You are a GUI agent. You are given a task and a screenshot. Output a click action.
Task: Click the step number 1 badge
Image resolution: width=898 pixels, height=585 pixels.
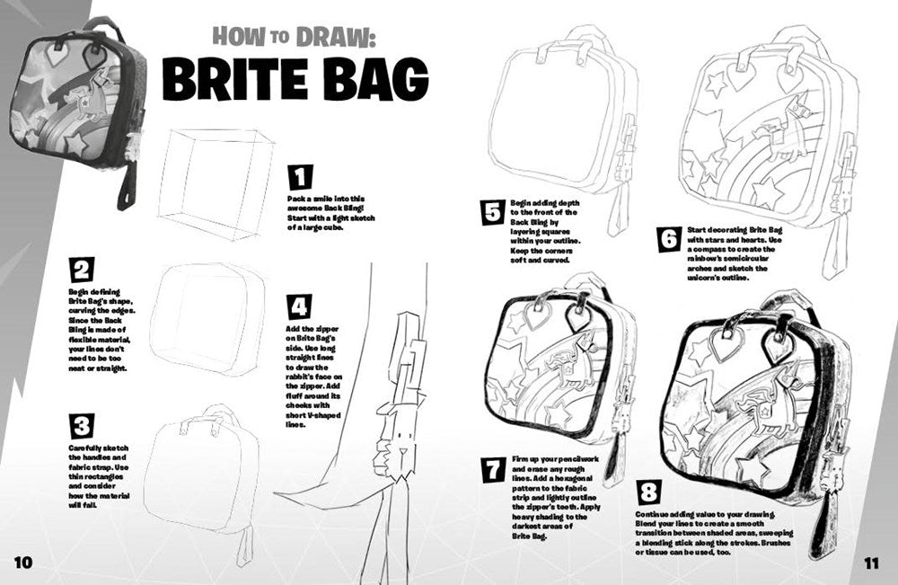point(300,177)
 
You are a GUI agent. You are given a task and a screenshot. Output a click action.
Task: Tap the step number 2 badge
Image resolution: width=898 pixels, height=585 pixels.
point(82,270)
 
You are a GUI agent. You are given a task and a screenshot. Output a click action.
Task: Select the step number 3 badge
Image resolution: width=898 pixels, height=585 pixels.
point(82,426)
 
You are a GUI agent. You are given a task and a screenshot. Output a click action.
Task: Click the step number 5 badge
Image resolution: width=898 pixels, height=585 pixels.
point(492,212)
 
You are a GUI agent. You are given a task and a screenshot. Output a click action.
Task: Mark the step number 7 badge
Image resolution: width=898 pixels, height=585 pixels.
point(493,469)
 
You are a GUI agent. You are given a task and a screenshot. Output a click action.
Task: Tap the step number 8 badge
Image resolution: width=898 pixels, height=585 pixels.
point(647,492)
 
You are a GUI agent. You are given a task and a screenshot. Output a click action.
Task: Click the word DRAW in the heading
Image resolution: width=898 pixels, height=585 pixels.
point(336,37)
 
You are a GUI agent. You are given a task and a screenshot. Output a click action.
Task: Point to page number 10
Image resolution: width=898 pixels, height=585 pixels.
point(23,562)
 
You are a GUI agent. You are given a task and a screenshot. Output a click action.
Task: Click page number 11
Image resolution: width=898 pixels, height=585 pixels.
point(870,563)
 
